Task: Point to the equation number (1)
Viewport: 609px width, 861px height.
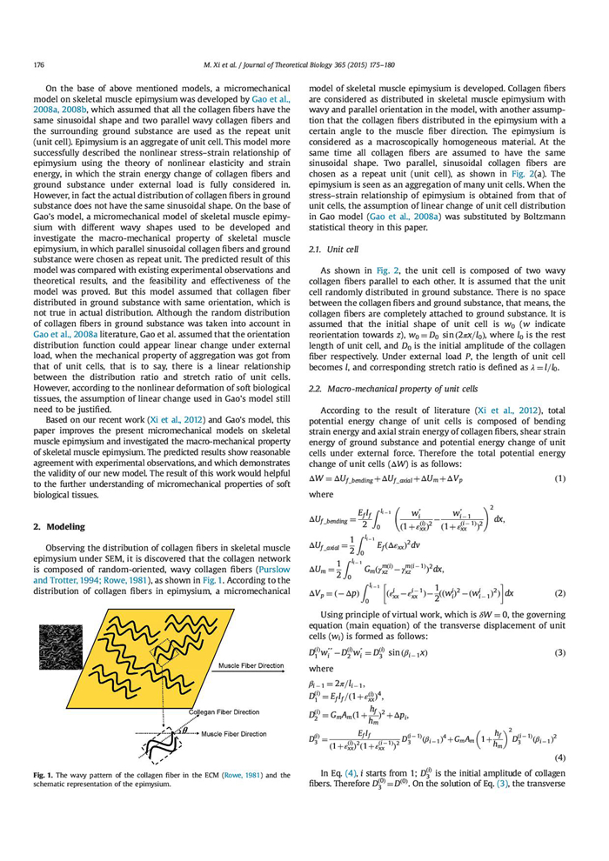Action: [x=562, y=477]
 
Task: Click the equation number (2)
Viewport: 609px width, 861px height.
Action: [x=562, y=592]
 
